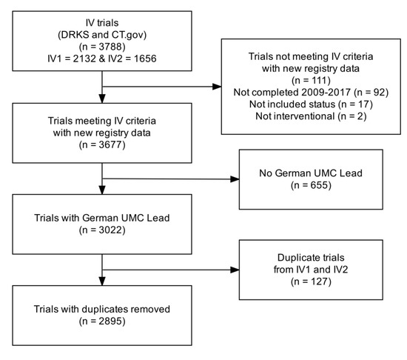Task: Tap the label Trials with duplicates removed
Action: coord(101,312)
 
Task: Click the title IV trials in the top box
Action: coord(101,22)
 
